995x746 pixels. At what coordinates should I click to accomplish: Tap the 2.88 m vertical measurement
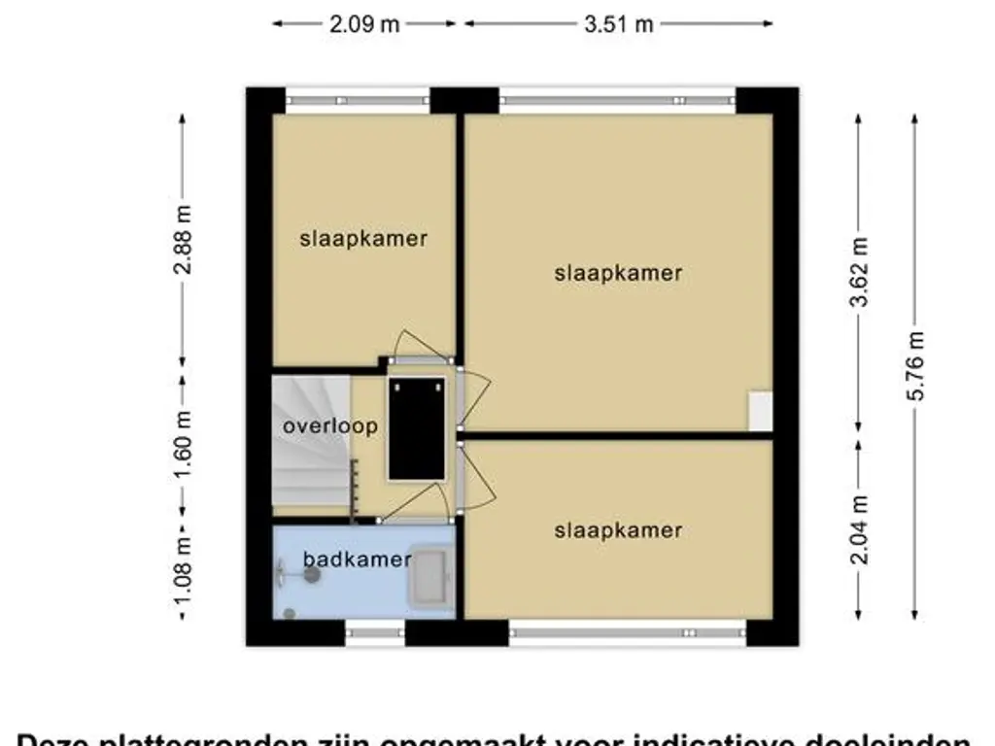coord(183,240)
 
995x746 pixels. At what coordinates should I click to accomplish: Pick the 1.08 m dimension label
coord(183,571)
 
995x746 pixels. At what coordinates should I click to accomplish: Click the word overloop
coord(316,426)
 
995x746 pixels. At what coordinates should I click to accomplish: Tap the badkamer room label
coord(356,559)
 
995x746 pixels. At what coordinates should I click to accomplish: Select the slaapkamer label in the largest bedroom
coord(618,273)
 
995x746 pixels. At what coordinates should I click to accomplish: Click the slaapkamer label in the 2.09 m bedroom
coord(363,238)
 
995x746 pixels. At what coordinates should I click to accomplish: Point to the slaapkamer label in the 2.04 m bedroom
coord(618,530)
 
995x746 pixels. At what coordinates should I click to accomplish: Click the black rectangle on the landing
coord(417,428)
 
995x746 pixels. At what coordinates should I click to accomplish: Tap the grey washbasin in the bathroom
coord(429,577)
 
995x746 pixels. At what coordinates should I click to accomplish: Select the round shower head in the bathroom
coord(312,575)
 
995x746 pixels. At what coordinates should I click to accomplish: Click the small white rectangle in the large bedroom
coord(760,412)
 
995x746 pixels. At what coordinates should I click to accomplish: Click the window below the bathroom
coord(375,633)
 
